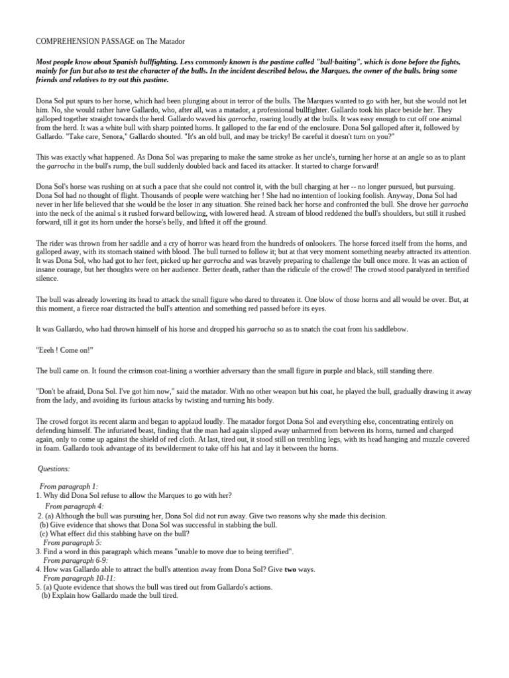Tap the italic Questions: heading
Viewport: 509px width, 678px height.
[x=54, y=469]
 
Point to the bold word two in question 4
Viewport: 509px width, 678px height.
[x=290, y=569]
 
